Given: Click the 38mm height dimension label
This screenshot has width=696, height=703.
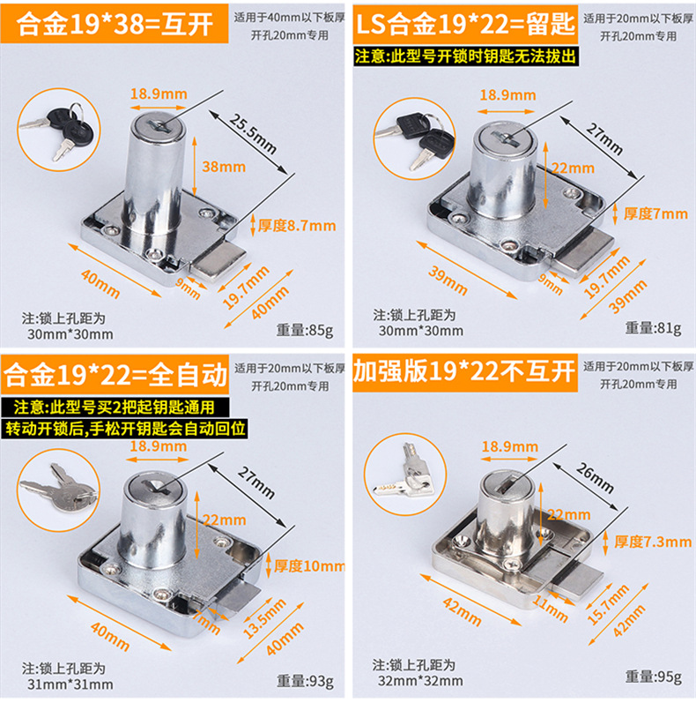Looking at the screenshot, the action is click(224, 167).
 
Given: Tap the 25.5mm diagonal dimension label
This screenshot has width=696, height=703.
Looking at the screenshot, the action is click(253, 133).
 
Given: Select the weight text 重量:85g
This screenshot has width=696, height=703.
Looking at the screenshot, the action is click(305, 330).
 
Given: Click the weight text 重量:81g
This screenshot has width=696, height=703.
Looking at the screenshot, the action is click(654, 328).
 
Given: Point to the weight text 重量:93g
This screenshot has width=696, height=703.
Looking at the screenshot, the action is click(305, 681).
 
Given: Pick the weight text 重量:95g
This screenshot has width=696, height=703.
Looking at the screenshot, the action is click(654, 677).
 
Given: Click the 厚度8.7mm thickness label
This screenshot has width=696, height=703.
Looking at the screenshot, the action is click(297, 226).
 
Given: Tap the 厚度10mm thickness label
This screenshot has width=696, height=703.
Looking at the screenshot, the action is click(309, 565).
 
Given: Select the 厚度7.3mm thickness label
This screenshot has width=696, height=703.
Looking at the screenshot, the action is click(653, 542).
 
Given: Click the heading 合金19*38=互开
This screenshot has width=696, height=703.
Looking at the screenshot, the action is click(115, 24).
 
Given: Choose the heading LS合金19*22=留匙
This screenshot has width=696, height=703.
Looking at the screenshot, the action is click(465, 24).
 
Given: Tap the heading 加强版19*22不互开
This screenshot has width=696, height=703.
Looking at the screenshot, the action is click(464, 371).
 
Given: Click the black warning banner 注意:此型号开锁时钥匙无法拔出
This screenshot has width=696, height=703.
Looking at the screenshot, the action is click(465, 57).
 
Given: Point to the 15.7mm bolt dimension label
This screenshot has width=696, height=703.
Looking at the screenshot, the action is click(608, 605).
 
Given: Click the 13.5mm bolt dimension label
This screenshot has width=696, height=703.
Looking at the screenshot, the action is click(264, 618).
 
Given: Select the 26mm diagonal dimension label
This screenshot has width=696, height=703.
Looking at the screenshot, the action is click(595, 478).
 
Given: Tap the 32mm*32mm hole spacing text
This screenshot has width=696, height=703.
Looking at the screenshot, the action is click(420, 681).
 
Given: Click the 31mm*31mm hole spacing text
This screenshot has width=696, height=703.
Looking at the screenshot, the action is click(70, 684).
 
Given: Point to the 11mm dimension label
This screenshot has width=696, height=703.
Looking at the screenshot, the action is click(550, 609).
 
